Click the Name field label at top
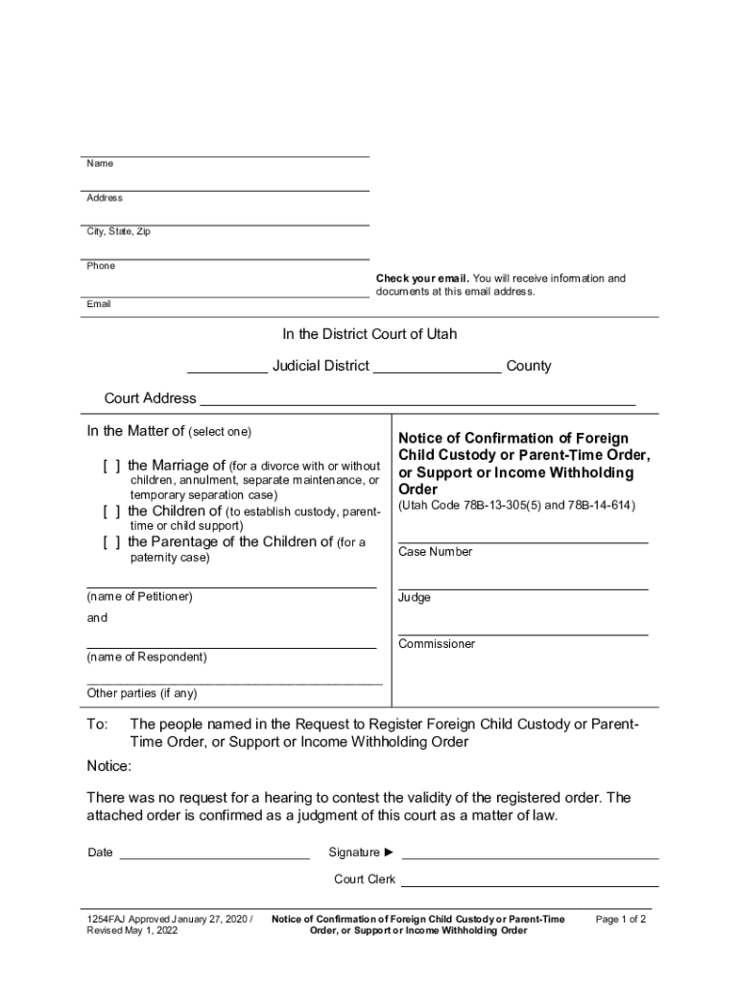(x=100, y=164)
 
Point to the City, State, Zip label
(x=118, y=231)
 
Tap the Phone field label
(x=101, y=266)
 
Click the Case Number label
(x=435, y=552)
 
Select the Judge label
(x=415, y=597)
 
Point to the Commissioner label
(x=437, y=643)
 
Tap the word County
(x=529, y=366)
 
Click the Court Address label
(x=150, y=398)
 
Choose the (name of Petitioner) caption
(x=140, y=596)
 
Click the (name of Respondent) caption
(x=146, y=658)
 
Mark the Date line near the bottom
(x=213, y=853)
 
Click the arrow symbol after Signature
(x=389, y=852)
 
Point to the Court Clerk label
(x=364, y=879)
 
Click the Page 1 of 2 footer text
(x=621, y=919)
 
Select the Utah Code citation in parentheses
(x=516, y=506)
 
